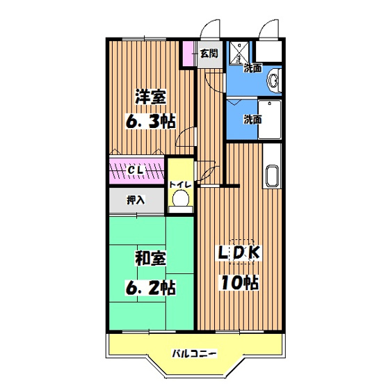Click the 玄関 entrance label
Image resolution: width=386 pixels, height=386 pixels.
pos(209,53)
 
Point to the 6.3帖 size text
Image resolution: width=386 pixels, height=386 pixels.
pos(150,121)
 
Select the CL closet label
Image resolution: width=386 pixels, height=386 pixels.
pos(136,169)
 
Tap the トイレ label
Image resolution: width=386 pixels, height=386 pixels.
pos(182,185)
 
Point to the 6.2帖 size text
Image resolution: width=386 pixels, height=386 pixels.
pos(150,286)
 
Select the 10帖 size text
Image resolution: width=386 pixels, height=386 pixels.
pos(241,283)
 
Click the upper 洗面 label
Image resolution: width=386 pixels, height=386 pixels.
pos(253,68)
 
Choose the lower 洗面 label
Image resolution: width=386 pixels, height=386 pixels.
pos(252,119)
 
